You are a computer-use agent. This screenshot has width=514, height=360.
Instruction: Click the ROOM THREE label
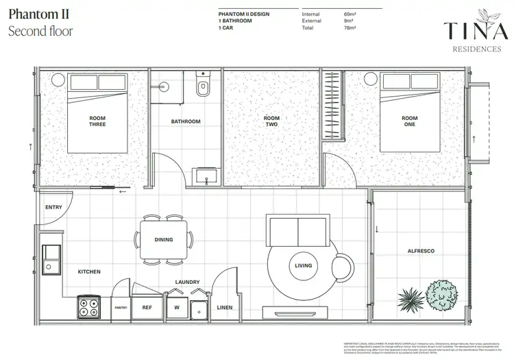click(x=97, y=121)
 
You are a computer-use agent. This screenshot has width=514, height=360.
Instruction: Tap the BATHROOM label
click(x=186, y=121)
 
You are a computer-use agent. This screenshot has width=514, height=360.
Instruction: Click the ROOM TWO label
click(x=272, y=121)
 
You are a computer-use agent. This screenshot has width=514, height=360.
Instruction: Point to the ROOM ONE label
click(x=409, y=121)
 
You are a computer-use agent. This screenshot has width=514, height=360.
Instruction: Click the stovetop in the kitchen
click(x=88, y=307)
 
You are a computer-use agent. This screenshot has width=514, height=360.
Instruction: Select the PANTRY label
click(x=121, y=308)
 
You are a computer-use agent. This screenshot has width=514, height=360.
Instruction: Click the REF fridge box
click(x=147, y=308)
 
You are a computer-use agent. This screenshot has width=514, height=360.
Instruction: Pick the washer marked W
click(x=176, y=308)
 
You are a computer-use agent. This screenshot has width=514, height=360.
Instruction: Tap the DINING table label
click(x=164, y=240)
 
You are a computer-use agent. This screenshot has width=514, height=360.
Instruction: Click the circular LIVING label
click(x=302, y=265)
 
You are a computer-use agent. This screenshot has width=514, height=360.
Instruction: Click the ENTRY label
click(x=53, y=207)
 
